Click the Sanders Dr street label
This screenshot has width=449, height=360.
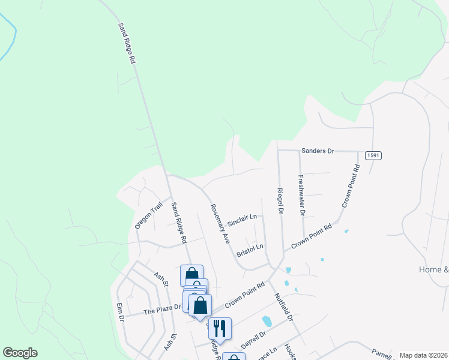(x=318, y=151)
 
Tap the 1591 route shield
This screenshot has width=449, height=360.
(x=372, y=155)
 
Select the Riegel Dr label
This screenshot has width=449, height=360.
(x=280, y=200)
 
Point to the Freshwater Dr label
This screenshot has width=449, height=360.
(x=301, y=195)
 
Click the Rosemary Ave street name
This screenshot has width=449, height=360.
(x=219, y=223)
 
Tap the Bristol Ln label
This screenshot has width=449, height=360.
(x=250, y=250)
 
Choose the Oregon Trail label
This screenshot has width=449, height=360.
(x=148, y=215)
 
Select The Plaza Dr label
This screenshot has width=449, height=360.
(x=161, y=310)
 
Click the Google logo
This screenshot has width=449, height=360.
(x=20, y=353)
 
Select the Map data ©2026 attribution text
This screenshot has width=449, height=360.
(x=423, y=355)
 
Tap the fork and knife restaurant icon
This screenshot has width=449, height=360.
(x=220, y=328)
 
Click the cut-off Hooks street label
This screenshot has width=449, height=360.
(x=291, y=352)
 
